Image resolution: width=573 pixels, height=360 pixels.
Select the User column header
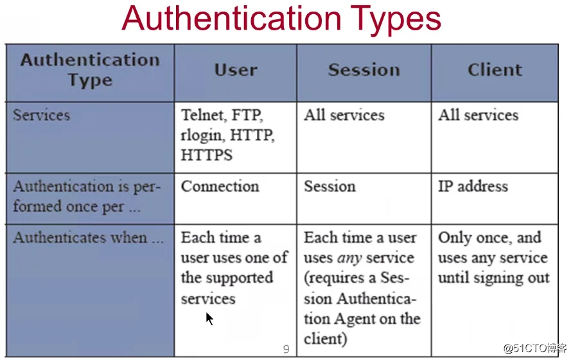click(x=236, y=70)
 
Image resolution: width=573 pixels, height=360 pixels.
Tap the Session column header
click(x=364, y=70)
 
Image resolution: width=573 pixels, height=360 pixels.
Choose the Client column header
click(x=495, y=70)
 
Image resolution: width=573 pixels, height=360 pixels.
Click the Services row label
click(x=41, y=115)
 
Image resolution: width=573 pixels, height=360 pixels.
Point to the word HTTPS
click(x=206, y=155)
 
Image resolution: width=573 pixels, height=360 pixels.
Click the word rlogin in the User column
click(x=202, y=136)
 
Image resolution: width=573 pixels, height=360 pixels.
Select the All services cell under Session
click(x=344, y=115)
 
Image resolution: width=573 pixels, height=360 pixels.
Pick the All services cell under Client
click(x=479, y=115)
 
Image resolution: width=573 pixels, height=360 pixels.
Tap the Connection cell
click(x=220, y=186)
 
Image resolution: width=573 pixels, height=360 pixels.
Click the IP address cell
click(x=473, y=186)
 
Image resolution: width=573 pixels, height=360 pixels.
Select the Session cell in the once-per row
click(x=330, y=186)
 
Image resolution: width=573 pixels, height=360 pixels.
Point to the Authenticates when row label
click(x=88, y=238)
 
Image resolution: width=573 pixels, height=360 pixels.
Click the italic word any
click(x=349, y=258)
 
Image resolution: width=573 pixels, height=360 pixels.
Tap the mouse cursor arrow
click(x=209, y=319)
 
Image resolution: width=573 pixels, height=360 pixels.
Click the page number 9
click(x=286, y=349)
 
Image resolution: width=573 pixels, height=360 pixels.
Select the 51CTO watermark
click(x=535, y=348)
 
